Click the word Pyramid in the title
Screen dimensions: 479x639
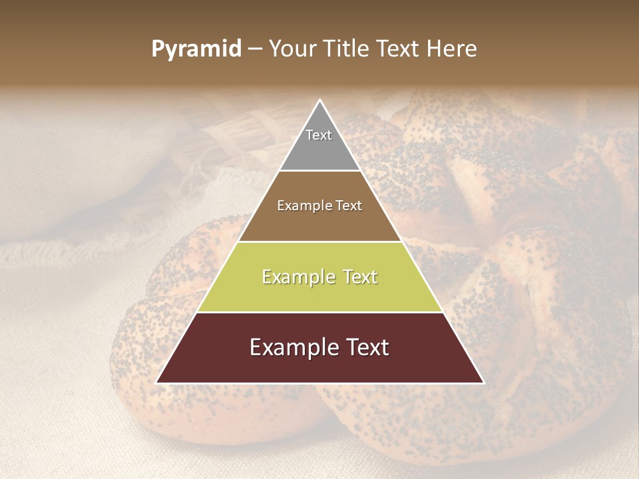tap(196, 49)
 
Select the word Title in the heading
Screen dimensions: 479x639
tap(347, 49)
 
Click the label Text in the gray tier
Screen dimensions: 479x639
tap(319, 135)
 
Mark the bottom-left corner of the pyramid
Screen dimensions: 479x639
tap(157, 383)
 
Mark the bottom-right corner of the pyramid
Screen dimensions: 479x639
tap(483, 383)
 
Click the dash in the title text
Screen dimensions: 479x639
tap(255, 49)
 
